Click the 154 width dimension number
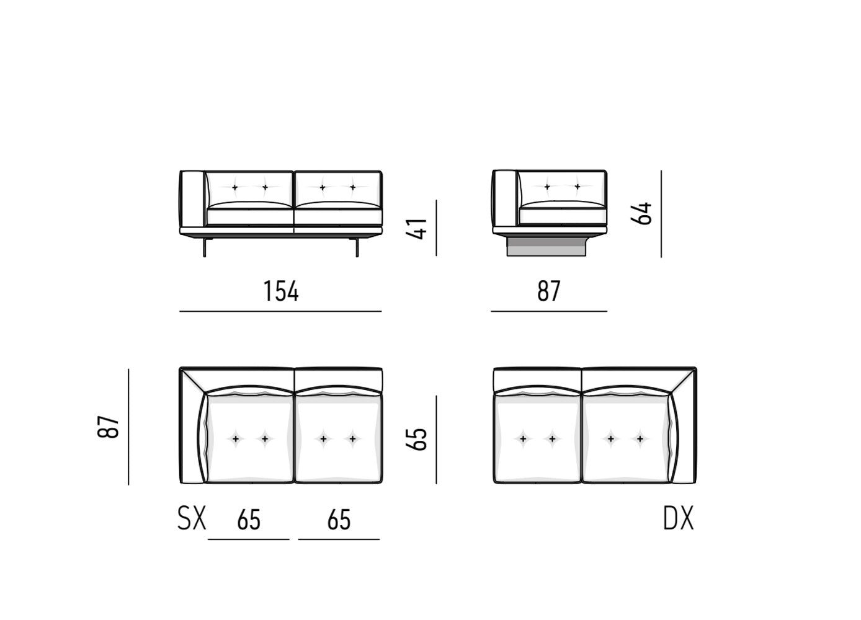click(281, 291)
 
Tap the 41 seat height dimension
click(416, 229)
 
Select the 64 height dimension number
click(641, 213)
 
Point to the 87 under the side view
click(549, 291)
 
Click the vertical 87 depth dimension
click(108, 427)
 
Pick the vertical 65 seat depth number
click(416, 439)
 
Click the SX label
click(192, 518)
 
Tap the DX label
click(679, 518)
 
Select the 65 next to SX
click(249, 520)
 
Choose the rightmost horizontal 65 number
click(339, 520)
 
